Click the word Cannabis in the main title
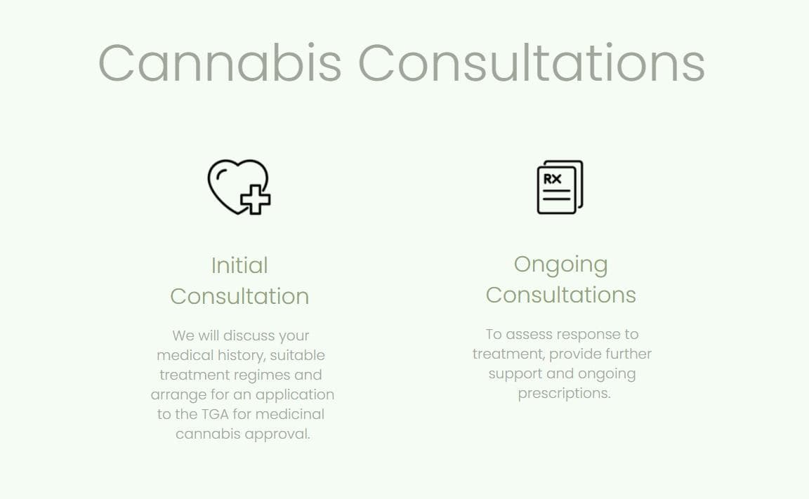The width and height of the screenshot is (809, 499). [x=220, y=63]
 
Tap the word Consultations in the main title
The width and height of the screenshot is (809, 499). [x=532, y=63]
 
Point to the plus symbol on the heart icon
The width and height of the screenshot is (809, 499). [x=256, y=199]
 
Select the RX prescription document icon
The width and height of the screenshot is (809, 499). [x=560, y=187]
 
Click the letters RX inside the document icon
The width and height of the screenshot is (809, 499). [x=553, y=179]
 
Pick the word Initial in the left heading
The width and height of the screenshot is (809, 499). [x=239, y=265]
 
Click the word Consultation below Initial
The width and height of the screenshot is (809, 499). [x=239, y=296]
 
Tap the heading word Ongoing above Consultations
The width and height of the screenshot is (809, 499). [x=560, y=264]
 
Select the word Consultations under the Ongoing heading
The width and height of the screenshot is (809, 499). [x=560, y=295]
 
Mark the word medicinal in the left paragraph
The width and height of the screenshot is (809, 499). [x=289, y=414]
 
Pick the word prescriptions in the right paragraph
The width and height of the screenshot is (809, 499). [x=564, y=393]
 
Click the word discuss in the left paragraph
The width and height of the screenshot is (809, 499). [x=249, y=335]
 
